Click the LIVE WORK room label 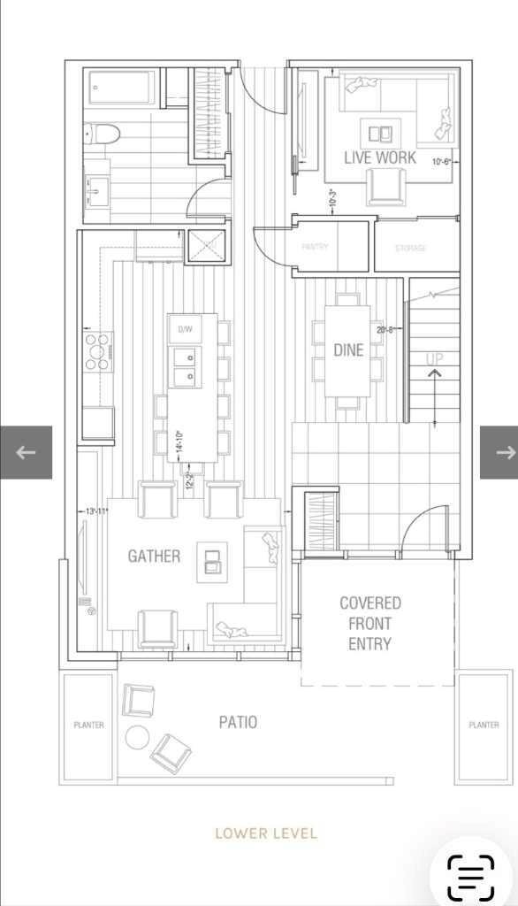click(380, 157)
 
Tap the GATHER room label click(154, 557)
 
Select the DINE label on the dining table click(348, 350)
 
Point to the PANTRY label click(315, 248)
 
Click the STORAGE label click(410, 249)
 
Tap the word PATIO click(238, 722)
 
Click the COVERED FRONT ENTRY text click(369, 624)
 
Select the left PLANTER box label click(88, 725)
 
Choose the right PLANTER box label click(484, 725)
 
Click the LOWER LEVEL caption click(266, 833)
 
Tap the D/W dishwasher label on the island click(186, 329)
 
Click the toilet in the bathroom click(103, 134)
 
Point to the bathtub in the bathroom click(121, 89)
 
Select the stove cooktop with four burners click(98, 351)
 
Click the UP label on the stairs click(435, 359)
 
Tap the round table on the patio click(138, 736)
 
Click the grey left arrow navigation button click(26, 452)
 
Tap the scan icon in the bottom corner click(470, 877)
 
